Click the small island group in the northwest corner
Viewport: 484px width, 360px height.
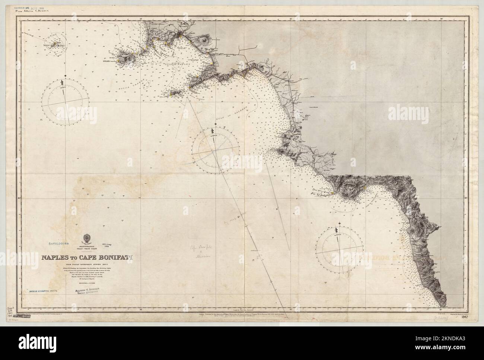(x=56, y=44)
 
